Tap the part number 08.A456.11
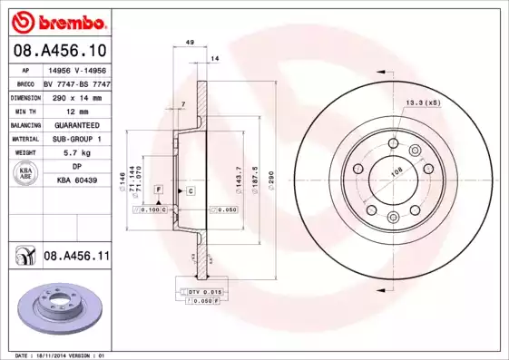76,257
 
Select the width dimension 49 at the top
189,43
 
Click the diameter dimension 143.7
239,172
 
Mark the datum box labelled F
158,189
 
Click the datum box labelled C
191,190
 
